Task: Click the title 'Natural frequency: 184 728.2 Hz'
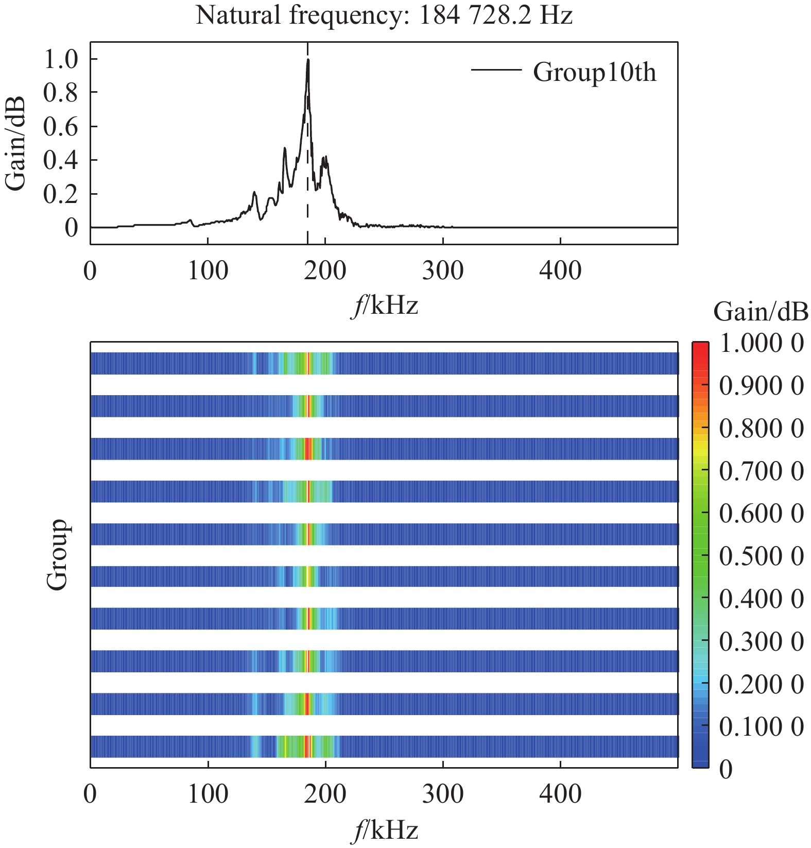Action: pyautogui.click(x=384, y=15)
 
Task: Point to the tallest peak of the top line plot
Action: pyautogui.click(x=308, y=60)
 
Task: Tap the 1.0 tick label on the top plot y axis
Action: pyautogui.click(x=60, y=59)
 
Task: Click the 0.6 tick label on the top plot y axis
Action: pyautogui.click(x=60, y=126)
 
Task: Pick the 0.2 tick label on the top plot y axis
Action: pyautogui.click(x=60, y=194)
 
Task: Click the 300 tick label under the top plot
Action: pyautogui.click(x=442, y=270)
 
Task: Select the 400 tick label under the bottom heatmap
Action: pyautogui.click(x=560, y=794)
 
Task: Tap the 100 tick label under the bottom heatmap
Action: pyautogui.click(x=208, y=794)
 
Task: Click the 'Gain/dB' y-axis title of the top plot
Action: pyautogui.click(x=15, y=143)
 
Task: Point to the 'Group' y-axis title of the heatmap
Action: pyautogui.click(x=57, y=554)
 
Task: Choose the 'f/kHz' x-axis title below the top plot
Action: pyautogui.click(x=385, y=306)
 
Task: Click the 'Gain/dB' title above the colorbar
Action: pyautogui.click(x=761, y=312)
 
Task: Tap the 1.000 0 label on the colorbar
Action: pyautogui.click(x=761, y=343)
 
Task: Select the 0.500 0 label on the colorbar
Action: pyautogui.click(x=761, y=556)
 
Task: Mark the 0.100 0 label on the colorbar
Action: pyautogui.click(x=761, y=727)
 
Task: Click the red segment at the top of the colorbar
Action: pyautogui.click(x=700, y=350)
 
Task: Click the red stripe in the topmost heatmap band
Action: pyautogui.click(x=308, y=363)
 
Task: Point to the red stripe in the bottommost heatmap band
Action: pyautogui.click(x=306, y=747)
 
